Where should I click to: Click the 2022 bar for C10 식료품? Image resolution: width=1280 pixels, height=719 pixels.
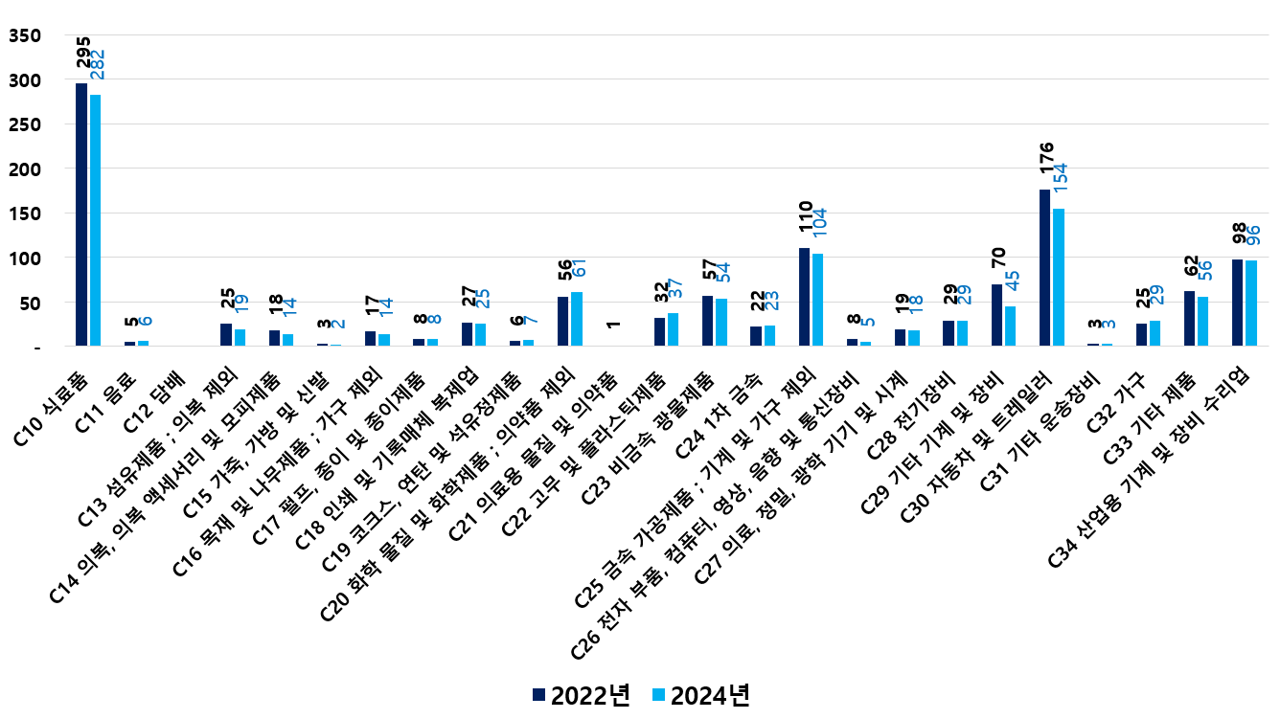[81, 214]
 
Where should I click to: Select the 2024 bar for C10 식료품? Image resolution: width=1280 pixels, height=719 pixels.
[95, 220]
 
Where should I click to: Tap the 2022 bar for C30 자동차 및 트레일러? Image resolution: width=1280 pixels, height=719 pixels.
[1044, 268]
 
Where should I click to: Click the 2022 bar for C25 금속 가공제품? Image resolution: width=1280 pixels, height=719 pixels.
[804, 297]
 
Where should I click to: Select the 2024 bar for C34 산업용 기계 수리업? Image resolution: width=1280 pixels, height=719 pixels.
[1251, 303]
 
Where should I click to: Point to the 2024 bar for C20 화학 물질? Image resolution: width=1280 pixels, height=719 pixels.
[577, 319]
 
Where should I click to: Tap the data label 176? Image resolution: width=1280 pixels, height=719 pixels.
[1046, 159]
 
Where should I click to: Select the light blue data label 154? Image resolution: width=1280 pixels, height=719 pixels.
[1061, 180]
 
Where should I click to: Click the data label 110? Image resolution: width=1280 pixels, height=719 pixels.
[806, 218]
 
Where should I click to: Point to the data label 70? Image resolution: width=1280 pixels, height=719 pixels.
[997, 257]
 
